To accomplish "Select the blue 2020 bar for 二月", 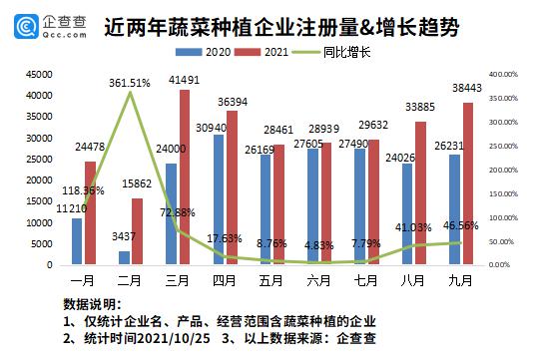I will point(124,258).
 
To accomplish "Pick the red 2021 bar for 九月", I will point(467,183).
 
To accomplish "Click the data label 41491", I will point(185,79).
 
